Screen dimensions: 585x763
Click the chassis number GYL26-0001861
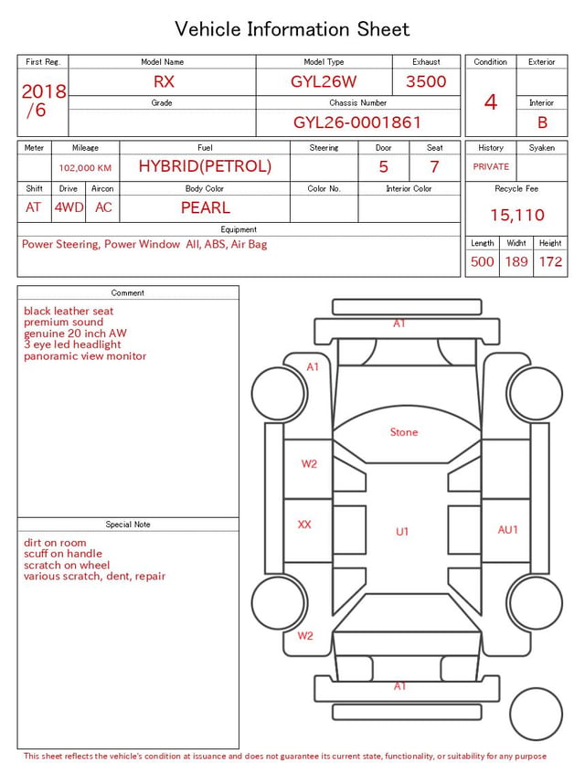pyautogui.click(x=356, y=122)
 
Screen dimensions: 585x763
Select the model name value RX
pyautogui.click(x=164, y=81)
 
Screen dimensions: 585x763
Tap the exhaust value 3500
pyautogui.click(x=426, y=81)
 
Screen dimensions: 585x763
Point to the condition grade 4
pyautogui.click(x=491, y=102)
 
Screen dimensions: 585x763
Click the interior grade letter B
pyautogui.click(x=542, y=122)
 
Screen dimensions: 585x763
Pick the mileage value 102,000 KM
pyautogui.click(x=85, y=168)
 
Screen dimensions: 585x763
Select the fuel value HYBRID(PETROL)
pyautogui.click(x=205, y=166)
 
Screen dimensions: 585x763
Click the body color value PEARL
pyautogui.click(x=206, y=207)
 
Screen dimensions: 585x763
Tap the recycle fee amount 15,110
pyautogui.click(x=516, y=215)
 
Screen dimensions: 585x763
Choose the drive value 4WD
pyautogui.click(x=69, y=207)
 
